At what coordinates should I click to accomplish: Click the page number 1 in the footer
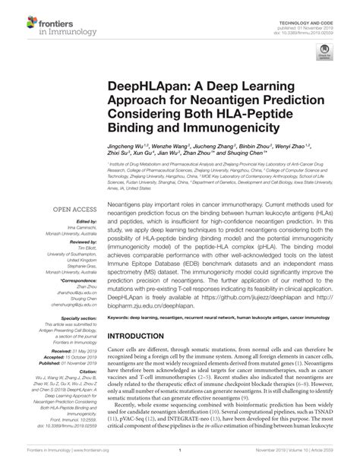pyautogui.click(x=179, y=460)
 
